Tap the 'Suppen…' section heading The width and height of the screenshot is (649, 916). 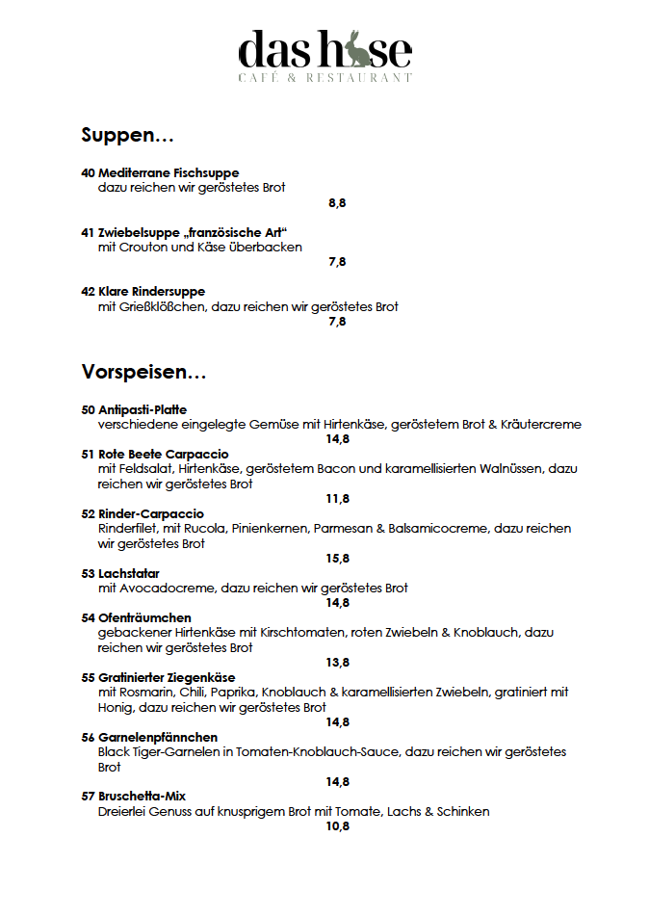tap(127, 135)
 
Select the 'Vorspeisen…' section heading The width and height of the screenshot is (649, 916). tap(143, 371)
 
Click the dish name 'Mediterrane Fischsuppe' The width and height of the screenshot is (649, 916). tap(169, 173)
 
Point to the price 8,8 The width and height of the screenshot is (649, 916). tap(337, 202)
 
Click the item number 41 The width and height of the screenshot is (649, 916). tap(88, 232)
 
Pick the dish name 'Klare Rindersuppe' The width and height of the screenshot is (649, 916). tap(151, 292)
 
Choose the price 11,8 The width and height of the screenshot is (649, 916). tap(337, 499)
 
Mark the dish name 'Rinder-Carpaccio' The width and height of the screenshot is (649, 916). tap(151, 514)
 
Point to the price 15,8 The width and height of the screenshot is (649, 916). tap(337, 559)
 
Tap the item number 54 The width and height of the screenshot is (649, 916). tap(88, 617)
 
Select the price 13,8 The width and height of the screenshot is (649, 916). tap(337, 663)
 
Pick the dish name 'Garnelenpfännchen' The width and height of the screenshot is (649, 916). tap(158, 737)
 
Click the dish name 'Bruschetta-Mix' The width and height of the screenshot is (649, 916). tap(143, 797)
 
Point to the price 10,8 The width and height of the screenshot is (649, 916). tap(337, 826)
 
